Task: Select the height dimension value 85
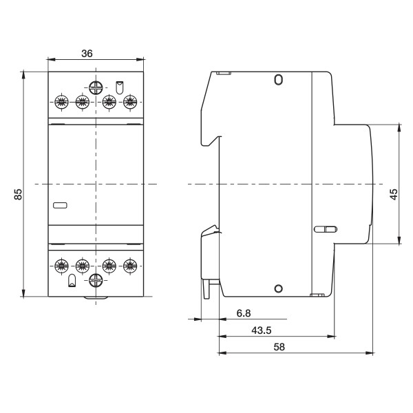click(18, 195)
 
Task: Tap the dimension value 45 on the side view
click(393, 195)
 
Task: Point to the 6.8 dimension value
click(243, 313)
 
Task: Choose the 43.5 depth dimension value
click(261, 330)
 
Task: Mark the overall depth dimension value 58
click(279, 348)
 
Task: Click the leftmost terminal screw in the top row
click(61, 103)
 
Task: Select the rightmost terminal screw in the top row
click(129, 103)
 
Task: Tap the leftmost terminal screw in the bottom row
click(61, 264)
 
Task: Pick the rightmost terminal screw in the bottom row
click(129, 264)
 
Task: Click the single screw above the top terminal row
click(96, 87)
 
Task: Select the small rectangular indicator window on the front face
click(61, 204)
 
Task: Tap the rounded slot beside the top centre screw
click(119, 87)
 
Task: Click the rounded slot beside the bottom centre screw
click(72, 280)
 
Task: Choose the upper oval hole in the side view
click(277, 80)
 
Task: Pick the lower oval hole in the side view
click(277, 288)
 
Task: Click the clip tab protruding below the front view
click(96, 299)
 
